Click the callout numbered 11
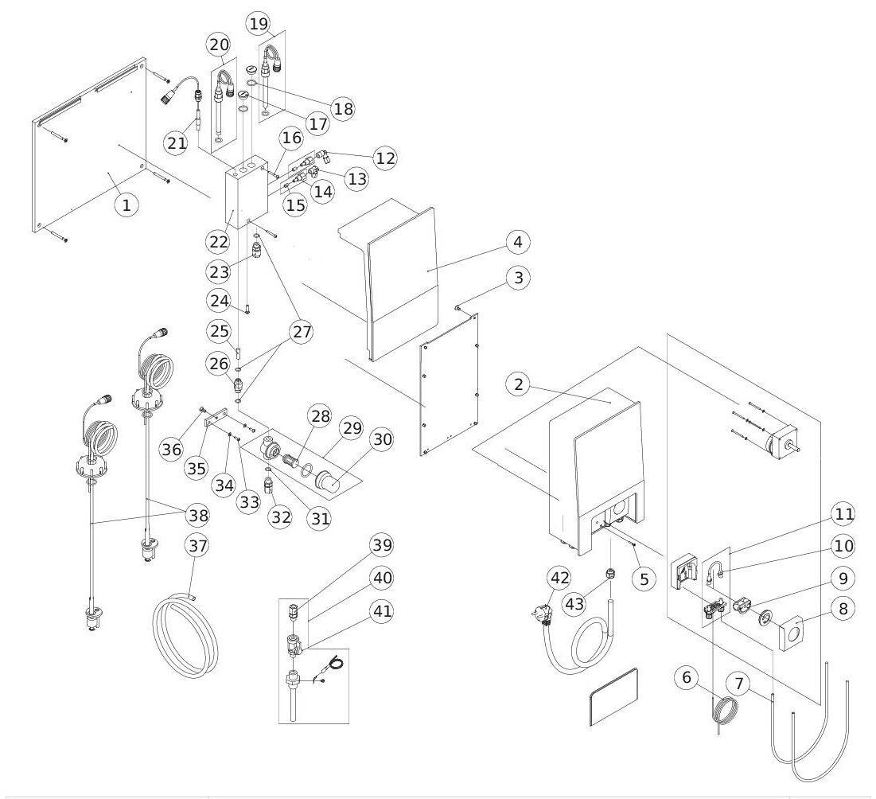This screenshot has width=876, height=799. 843,514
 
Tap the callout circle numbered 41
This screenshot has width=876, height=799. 381,611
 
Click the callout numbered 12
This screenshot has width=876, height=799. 384,158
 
